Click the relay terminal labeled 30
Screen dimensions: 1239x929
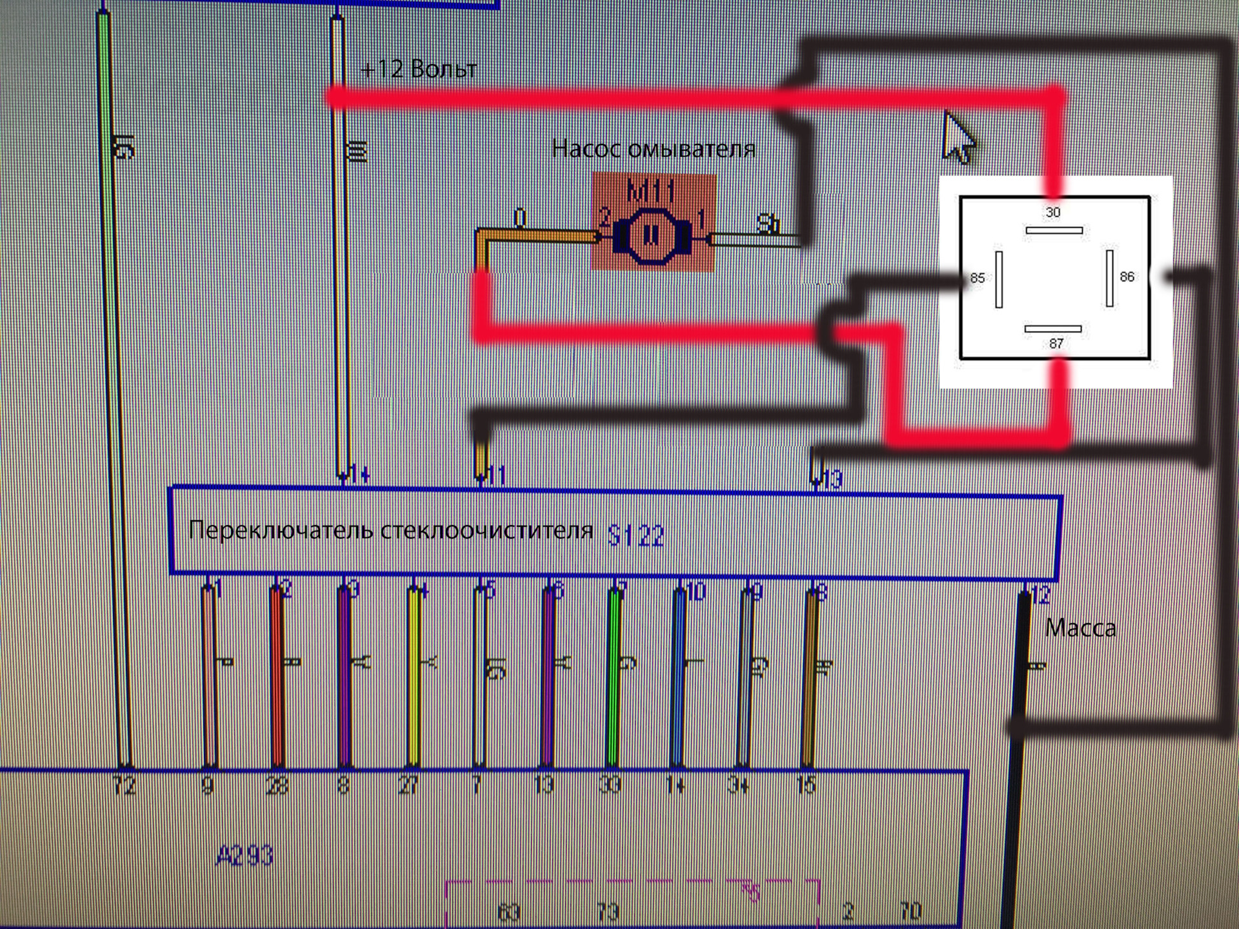pos(1053,230)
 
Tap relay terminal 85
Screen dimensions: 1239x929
pos(998,279)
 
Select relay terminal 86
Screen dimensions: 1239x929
pos(1109,277)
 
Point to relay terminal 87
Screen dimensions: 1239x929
pos(1053,329)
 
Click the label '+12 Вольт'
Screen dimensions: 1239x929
pos(419,68)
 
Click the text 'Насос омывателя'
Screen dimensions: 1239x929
pos(653,149)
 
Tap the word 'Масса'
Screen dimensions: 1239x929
pos(1080,628)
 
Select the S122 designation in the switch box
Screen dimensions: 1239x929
pos(636,535)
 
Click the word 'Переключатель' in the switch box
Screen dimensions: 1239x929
pos(281,530)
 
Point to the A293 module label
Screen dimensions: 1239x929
pos(245,856)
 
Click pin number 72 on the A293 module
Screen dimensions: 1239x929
pos(124,785)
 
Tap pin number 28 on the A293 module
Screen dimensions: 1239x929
pos(277,785)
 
